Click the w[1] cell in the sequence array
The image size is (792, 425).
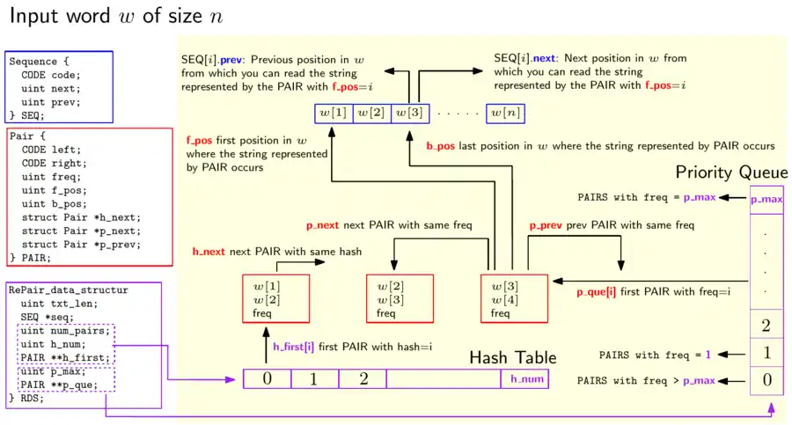[334, 113]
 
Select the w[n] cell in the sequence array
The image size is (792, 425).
[505, 113]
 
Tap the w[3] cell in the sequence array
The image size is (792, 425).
[409, 113]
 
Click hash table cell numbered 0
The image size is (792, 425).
[267, 379]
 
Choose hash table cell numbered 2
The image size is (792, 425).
[363, 379]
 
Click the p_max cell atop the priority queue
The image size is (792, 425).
[766, 198]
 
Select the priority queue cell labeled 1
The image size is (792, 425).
[766, 354]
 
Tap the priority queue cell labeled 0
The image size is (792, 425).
[766, 381]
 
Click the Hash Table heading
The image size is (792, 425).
[513, 357]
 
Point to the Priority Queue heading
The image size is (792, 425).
[730, 172]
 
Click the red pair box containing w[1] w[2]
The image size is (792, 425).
[275, 300]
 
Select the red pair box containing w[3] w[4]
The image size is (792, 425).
[515, 300]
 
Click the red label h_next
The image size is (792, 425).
[209, 252]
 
